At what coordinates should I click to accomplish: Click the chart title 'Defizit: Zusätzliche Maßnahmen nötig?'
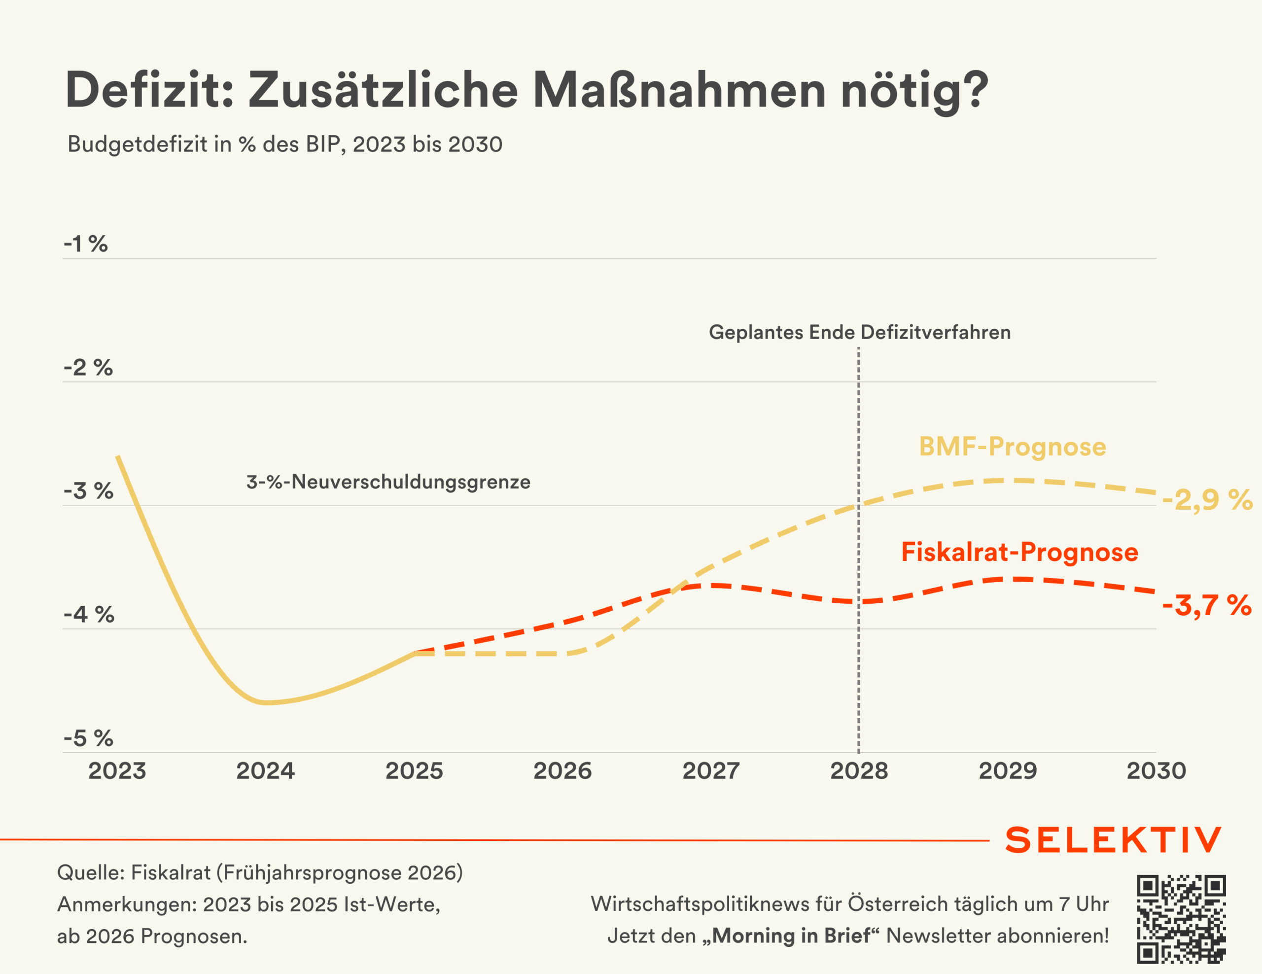click(x=527, y=91)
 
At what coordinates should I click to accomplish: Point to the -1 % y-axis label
click(x=85, y=244)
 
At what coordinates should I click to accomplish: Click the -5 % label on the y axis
click(x=88, y=738)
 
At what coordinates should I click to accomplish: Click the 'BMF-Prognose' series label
click(x=1013, y=447)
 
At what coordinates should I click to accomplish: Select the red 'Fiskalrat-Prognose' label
click(x=1020, y=552)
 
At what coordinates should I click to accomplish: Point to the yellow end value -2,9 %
click(x=1208, y=500)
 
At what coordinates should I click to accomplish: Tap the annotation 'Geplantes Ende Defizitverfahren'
click(x=860, y=332)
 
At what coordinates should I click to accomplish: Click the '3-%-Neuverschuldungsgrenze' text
click(x=388, y=482)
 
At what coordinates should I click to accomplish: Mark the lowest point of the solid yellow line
click(x=266, y=703)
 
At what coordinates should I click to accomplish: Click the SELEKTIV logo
click(x=1114, y=840)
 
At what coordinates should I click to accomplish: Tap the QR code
click(x=1181, y=918)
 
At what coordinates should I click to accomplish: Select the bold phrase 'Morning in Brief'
click(x=791, y=936)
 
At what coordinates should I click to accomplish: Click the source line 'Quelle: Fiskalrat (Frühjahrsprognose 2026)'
click(x=260, y=873)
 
